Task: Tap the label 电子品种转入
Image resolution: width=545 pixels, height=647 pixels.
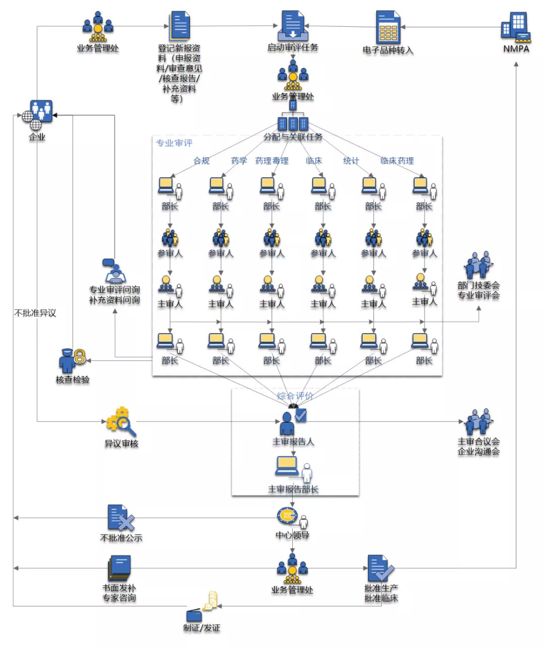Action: tap(388, 50)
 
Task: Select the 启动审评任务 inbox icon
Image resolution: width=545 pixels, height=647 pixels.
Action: tap(293, 25)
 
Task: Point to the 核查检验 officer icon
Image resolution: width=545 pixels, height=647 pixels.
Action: tap(72, 360)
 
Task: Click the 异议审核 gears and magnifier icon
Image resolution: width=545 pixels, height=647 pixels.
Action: tap(121, 422)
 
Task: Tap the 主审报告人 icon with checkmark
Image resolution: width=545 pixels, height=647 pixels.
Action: tap(293, 422)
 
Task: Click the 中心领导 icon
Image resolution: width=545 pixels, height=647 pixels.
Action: tap(292, 518)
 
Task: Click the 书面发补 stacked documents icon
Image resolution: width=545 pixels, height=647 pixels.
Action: tap(119, 568)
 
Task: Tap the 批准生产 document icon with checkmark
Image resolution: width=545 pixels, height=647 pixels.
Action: tap(380, 568)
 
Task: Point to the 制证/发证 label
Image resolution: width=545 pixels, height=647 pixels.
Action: tap(201, 628)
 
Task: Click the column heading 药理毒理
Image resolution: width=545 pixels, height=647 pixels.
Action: tap(271, 161)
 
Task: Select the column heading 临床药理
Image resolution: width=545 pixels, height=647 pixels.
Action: tap(397, 161)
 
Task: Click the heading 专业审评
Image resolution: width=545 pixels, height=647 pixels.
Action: tap(174, 143)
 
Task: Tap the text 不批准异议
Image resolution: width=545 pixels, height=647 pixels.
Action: tap(35, 313)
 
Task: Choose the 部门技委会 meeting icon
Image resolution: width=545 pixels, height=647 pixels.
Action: tap(478, 265)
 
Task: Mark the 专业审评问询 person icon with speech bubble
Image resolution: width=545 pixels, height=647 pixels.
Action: tap(114, 271)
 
